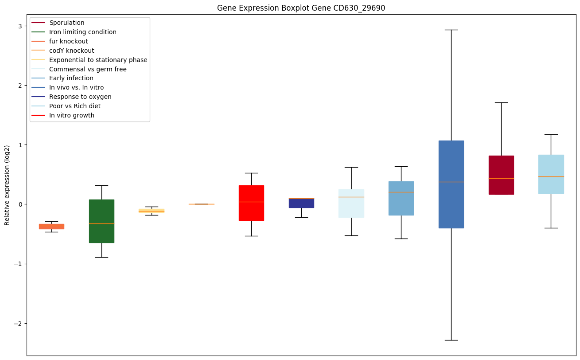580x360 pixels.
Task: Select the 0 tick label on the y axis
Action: point(20,204)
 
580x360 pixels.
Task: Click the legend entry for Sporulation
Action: point(67,23)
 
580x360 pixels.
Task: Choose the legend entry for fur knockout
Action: point(69,41)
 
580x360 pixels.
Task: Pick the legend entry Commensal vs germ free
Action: point(88,69)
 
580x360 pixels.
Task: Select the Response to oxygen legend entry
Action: point(80,97)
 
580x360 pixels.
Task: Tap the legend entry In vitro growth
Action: point(72,115)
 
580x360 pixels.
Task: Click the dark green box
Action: point(101,221)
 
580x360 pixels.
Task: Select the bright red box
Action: point(251,203)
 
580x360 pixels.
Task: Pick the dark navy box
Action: point(301,203)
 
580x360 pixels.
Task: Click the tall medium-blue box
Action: point(451,184)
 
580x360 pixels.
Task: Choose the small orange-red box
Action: point(51,226)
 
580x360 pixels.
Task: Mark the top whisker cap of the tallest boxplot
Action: point(451,30)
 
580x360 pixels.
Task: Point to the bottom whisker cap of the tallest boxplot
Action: point(451,340)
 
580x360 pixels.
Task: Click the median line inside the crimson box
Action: point(501,178)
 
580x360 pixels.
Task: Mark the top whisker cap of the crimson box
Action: point(501,102)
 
